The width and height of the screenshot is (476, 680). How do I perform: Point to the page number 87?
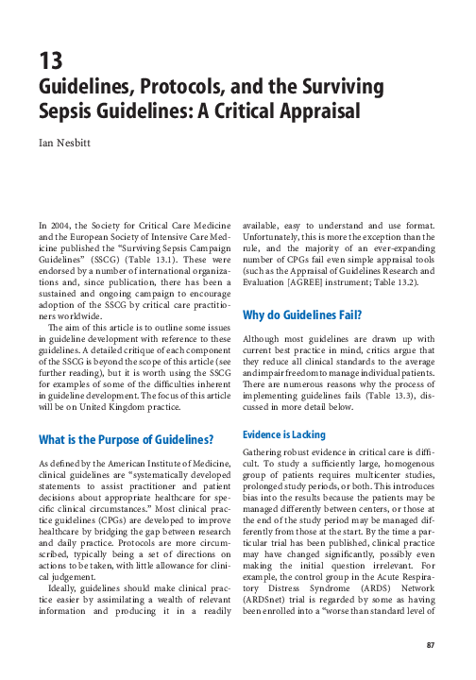point(433,645)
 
